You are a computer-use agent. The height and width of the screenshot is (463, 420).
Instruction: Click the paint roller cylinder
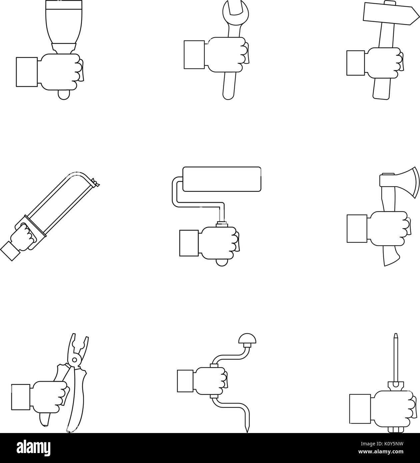pos(222,179)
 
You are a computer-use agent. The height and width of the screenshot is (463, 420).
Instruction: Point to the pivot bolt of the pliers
pos(75,360)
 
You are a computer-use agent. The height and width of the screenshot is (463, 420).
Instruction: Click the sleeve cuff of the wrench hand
pos(194,55)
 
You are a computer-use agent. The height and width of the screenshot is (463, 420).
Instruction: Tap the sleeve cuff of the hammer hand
pos(355,63)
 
